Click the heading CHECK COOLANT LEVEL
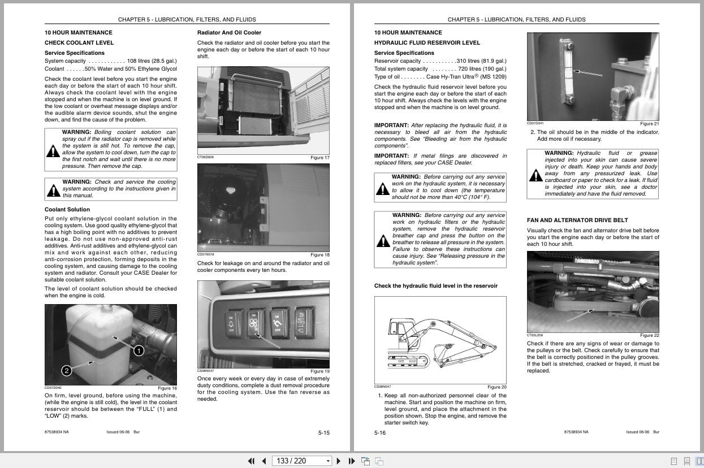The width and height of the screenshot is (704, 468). click(79, 43)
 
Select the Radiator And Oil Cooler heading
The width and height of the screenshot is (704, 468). click(229, 33)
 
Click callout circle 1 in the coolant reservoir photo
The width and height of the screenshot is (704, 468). click(139, 351)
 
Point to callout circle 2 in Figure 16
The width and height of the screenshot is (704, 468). click(67, 371)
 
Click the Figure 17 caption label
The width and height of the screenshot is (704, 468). click(320, 158)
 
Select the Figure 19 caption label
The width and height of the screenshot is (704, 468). click(320, 371)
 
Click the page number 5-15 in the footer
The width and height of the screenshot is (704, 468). click(323, 433)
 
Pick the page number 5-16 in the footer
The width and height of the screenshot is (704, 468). click(380, 433)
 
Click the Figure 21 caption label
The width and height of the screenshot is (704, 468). click(649, 124)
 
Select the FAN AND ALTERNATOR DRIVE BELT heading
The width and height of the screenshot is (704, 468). click(577, 220)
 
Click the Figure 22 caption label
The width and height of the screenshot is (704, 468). click(649, 336)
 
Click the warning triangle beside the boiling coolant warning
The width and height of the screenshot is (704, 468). click(53, 151)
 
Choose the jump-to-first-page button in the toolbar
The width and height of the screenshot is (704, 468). click(251, 461)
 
